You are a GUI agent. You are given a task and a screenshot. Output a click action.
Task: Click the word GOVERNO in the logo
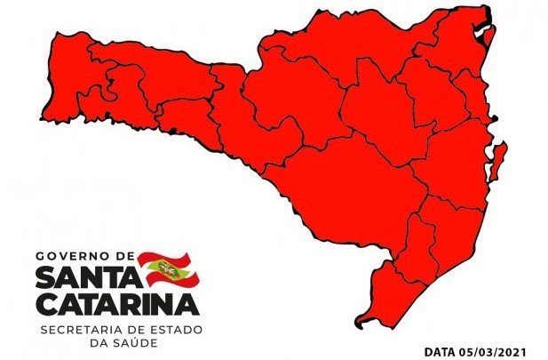[x=69, y=256]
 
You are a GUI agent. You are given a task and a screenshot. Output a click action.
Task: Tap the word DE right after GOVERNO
[x=120, y=256]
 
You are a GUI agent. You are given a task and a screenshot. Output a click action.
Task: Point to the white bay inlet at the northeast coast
[x=486, y=36]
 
